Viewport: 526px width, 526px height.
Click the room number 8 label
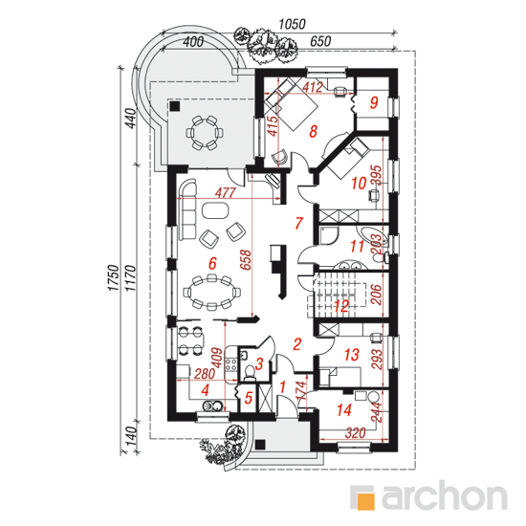[x=313, y=131]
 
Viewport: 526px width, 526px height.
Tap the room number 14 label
[x=344, y=410]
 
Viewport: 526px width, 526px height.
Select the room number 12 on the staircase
[x=341, y=306]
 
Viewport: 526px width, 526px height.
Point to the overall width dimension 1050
[x=293, y=24]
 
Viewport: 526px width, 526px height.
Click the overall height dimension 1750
[x=114, y=277]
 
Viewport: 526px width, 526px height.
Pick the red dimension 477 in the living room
[x=226, y=193]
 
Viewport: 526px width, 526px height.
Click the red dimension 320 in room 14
[x=355, y=432]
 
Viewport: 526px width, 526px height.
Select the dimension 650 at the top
[x=320, y=41]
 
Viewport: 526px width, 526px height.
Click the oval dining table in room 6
[x=211, y=291]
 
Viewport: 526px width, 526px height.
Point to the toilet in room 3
[x=249, y=371]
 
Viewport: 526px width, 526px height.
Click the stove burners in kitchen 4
[x=231, y=364]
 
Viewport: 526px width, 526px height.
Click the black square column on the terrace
[x=174, y=106]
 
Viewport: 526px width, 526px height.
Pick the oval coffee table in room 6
[x=215, y=210]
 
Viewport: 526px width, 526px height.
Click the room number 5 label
[x=249, y=398]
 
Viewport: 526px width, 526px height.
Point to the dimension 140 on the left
[x=133, y=435]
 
